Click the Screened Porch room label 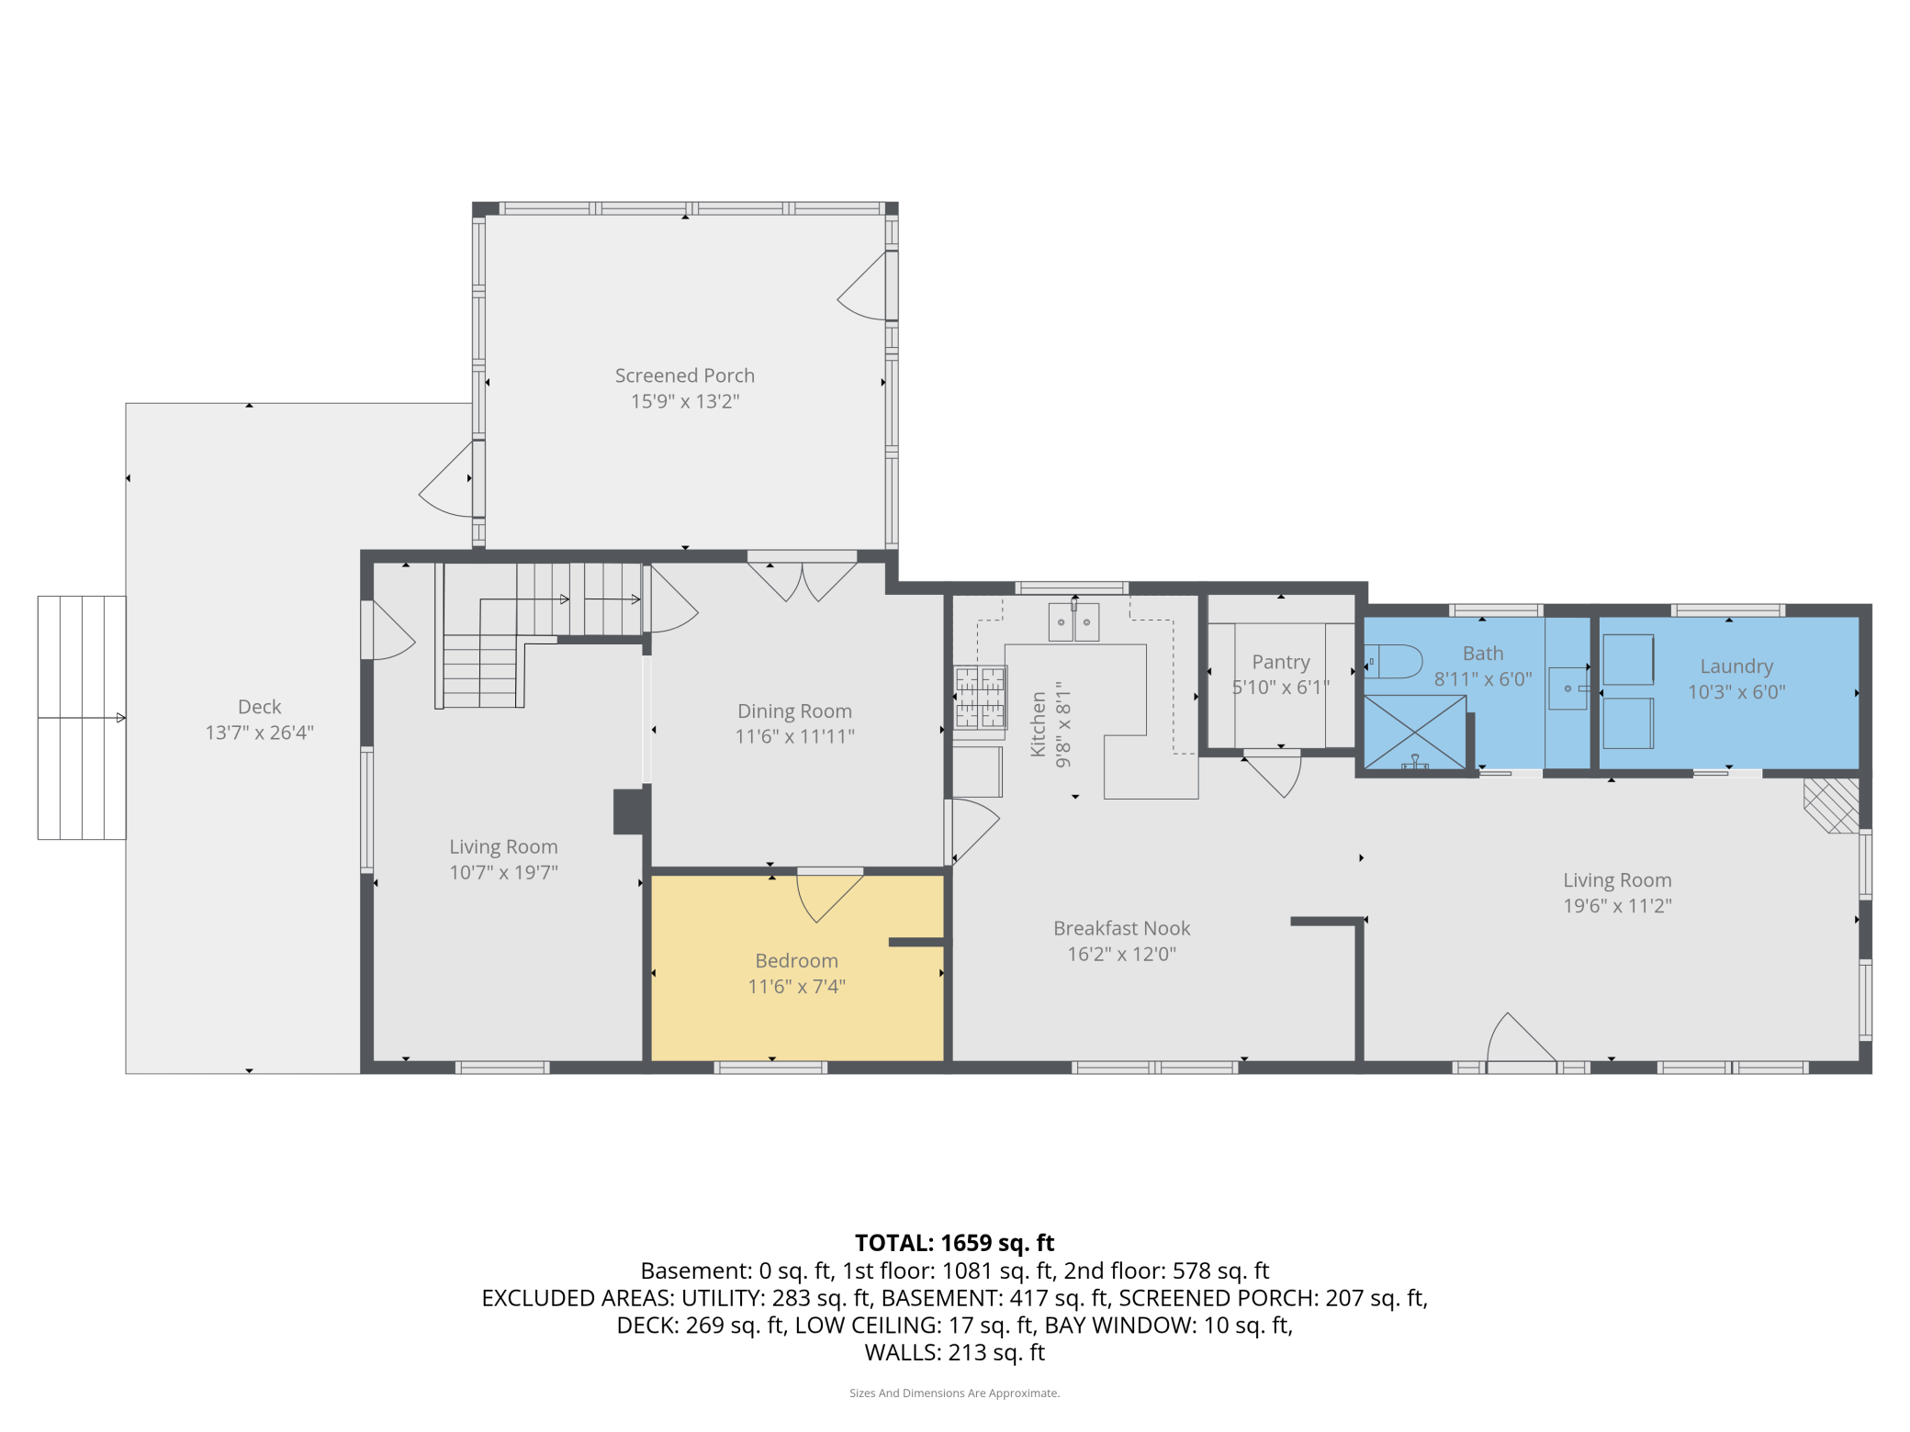(684, 375)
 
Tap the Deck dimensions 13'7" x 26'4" (259, 733)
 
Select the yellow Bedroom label (796, 960)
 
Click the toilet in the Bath (1395, 661)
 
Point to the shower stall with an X (1414, 732)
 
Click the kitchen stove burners (980, 697)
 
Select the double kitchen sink (1073, 622)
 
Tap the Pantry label (1280, 662)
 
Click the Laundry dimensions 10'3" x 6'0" (1736, 692)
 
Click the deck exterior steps (82, 717)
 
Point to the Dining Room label (794, 710)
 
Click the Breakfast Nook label (1121, 928)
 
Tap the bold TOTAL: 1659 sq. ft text (954, 1243)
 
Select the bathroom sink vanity (1567, 688)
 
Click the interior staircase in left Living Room (523, 633)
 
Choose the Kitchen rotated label (1038, 724)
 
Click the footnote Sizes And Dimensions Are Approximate (954, 1393)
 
